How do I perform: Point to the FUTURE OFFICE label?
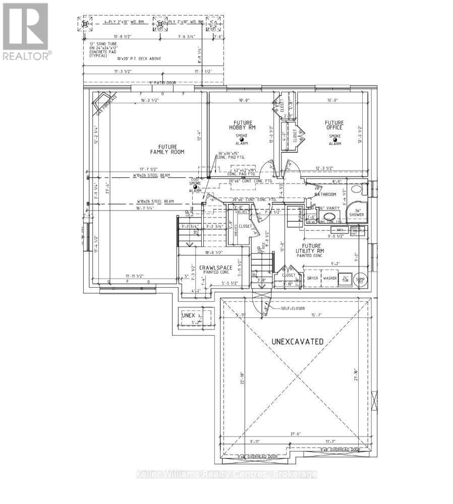click(x=334, y=124)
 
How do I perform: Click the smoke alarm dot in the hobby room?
click(x=242, y=139)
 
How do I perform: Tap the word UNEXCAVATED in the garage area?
click(x=298, y=341)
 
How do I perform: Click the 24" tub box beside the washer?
click(x=346, y=278)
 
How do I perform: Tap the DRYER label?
click(x=313, y=278)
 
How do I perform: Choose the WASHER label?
click(x=330, y=278)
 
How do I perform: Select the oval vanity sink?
click(x=329, y=218)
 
